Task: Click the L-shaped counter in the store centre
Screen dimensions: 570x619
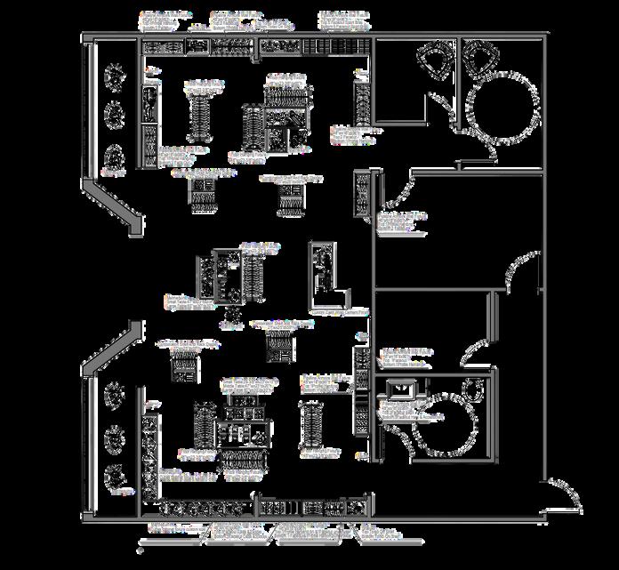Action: click(x=326, y=271)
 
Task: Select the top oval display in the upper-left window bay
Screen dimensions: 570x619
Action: click(x=114, y=77)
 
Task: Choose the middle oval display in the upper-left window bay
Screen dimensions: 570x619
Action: click(x=114, y=115)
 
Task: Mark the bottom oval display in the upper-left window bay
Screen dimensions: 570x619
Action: click(x=114, y=157)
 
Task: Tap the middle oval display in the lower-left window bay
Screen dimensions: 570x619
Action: click(x=114, y=438)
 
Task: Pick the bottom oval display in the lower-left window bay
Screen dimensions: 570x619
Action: click(x=114, y=478)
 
